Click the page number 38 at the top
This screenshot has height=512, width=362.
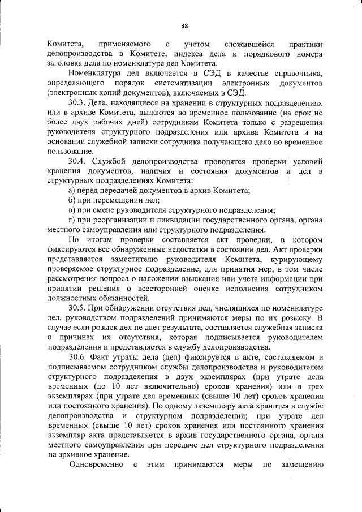184,25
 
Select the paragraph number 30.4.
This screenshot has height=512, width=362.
77,161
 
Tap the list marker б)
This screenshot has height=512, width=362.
71,200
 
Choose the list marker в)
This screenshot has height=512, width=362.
71,210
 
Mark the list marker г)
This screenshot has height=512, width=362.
71,220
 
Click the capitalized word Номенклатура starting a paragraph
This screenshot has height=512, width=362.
96,74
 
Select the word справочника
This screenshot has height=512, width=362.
296,74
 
